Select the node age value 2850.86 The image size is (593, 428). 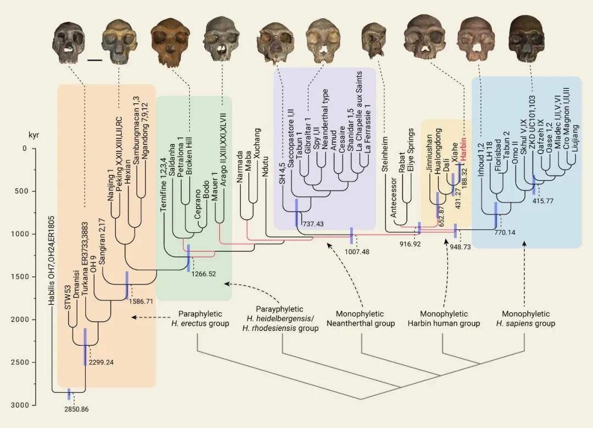point(76,409)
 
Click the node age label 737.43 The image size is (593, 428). point(312,224)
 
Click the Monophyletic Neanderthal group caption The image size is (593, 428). point(361,319)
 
